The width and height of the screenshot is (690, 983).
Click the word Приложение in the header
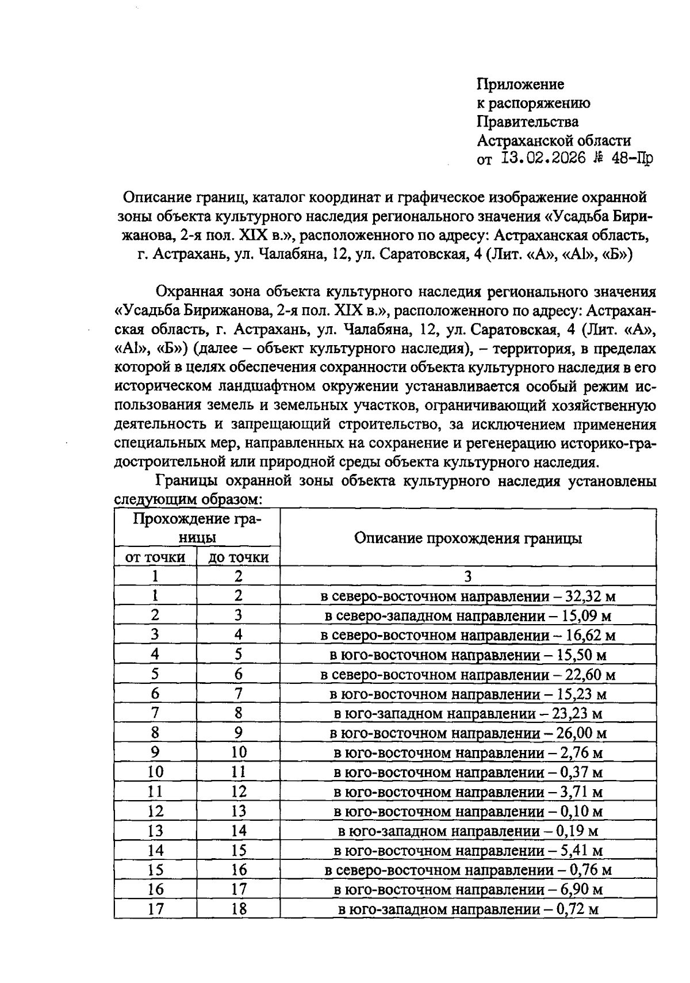click(520, 85)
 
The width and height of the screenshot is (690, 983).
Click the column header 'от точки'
click(155, 557)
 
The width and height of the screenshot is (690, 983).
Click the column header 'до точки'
click(238, 557)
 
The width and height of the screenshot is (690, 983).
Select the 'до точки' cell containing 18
click(238, 909)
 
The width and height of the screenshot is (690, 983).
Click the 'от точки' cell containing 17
click(155, 909)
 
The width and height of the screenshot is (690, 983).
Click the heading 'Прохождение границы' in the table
click(196, 528)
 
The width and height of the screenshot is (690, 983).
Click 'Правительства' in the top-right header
click(527, 122)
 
